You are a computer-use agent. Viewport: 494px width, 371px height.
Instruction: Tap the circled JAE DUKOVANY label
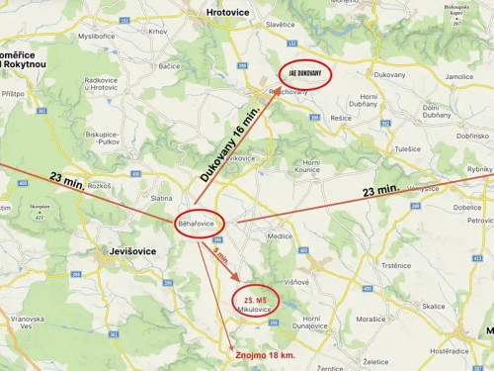304,72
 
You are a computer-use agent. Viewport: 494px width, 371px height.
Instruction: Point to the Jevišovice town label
130,251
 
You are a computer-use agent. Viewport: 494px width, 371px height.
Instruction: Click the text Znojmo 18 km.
266,353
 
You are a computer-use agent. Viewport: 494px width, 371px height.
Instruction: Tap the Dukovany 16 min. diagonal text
230,139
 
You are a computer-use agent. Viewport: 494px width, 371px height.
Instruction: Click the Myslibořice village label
97,36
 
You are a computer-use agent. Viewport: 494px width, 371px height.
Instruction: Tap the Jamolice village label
458,76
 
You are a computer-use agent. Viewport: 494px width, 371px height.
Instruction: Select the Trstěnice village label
395,265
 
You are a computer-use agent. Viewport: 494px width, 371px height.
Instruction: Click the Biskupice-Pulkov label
102,137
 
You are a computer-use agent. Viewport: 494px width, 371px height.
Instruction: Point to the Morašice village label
370,320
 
